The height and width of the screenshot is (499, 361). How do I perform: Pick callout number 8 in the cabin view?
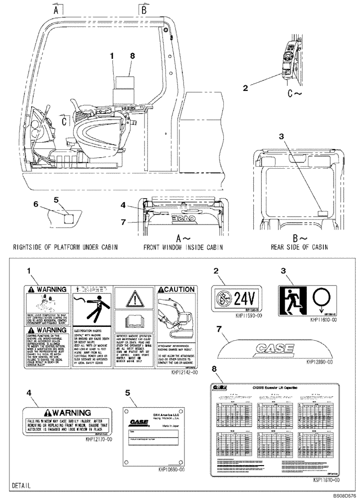(x=133, y=57)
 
